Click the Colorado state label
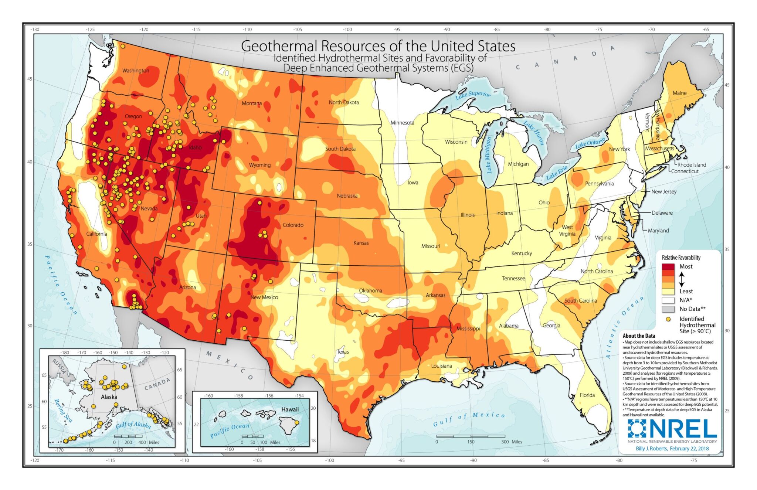pos(293,225)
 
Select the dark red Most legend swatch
pos(668,267)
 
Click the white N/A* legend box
pos(668,300)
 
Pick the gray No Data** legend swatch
pos(668,309)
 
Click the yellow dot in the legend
pos(668,319)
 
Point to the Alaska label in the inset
pos(109,397)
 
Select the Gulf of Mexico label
pos(469,419)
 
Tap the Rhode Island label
pos(691,165)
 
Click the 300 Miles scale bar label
pos(512,442)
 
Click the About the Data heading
pos(639,336)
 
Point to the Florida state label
pos(587,395)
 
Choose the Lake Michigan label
pos(489,155)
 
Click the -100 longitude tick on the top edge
pos(347,30)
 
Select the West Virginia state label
pos(567,231)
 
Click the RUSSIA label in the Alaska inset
pos(59,366)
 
